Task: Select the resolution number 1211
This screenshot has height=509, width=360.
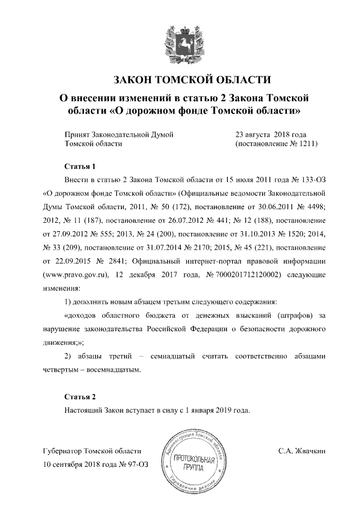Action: [x=308, y=144]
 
